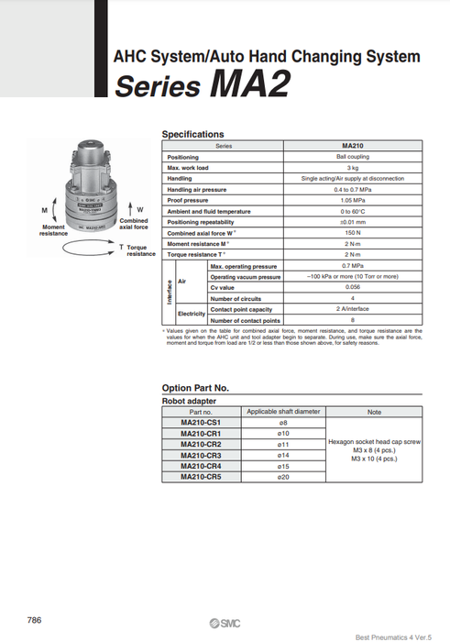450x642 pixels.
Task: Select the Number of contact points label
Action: (x=244, y=320)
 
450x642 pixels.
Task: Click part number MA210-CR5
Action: (x=201, y=477)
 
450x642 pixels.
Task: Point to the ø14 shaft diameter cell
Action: (x=283, y=456)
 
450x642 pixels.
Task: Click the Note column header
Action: (x=374, y=413)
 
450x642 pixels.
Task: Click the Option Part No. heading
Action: (x=202, y=388)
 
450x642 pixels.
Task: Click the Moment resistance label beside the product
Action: (x=53, y=230)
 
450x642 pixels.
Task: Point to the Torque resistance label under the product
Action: (x=140, y=250)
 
